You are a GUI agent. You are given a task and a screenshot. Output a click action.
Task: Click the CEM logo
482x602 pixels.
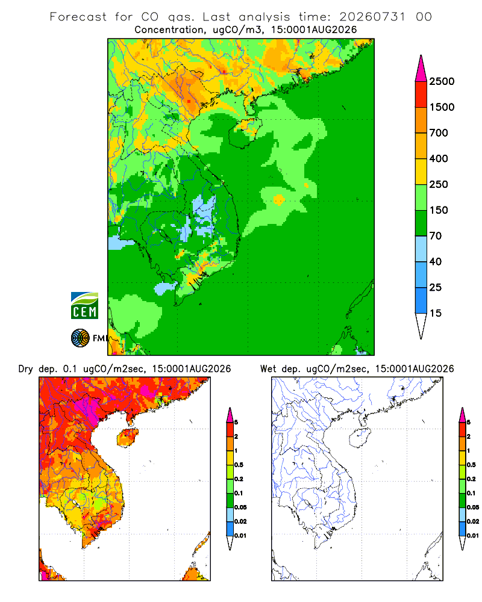pos(84,306)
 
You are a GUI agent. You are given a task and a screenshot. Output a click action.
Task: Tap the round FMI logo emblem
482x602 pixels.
pos(80,338)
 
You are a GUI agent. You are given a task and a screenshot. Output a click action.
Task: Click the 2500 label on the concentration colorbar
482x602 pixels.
pos(442,81)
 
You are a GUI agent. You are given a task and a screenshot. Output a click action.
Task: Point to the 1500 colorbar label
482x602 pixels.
pos(442,107)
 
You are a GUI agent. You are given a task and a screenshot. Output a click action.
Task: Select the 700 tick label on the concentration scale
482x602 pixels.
pos(439,133)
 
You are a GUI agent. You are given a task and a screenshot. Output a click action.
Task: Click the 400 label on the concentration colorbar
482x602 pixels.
pos(439,158)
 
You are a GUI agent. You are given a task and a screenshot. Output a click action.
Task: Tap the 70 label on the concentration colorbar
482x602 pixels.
pos(436,236)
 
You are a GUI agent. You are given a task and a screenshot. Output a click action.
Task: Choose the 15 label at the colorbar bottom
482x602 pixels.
pos(436,313)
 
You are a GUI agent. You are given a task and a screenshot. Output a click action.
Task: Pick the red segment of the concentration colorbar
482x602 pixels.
pos(421,95)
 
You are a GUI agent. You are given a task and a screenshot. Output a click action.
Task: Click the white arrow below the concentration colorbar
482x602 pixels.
pos(421,326)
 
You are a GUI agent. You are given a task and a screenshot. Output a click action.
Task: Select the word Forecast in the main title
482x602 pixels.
pos(78,17)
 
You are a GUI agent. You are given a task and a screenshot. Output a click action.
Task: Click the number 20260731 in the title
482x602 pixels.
pos(372,17)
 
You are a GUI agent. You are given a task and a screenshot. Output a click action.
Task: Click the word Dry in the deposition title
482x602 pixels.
pos(26,369)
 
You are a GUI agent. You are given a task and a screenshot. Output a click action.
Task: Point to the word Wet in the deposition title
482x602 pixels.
pos(268,369)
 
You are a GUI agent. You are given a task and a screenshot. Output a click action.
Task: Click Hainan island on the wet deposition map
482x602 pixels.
pos(360,438)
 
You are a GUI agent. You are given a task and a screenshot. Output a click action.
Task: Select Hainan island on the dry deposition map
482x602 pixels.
pos(127,438)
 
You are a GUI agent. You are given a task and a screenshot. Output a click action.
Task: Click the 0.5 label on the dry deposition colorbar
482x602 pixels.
pos(239,465)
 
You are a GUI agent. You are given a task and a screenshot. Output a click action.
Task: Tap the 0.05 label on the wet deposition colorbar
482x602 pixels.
pos(473,507)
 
